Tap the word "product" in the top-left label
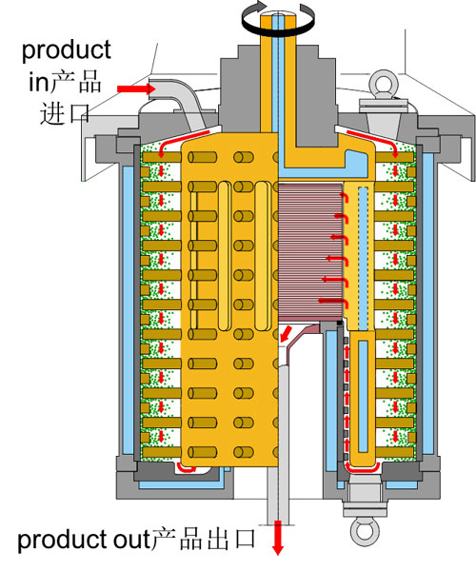click(67, 50)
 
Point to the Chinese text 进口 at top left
click(65, 113)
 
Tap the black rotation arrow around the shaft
click(278, 21)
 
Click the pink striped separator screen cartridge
click(310, 252)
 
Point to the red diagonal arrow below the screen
click(287, 334)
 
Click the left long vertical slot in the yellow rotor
click(225, 256)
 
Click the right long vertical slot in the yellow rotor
click(262, 256)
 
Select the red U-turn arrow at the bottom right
click(363, 468)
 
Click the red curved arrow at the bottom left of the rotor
click(186, 467)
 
